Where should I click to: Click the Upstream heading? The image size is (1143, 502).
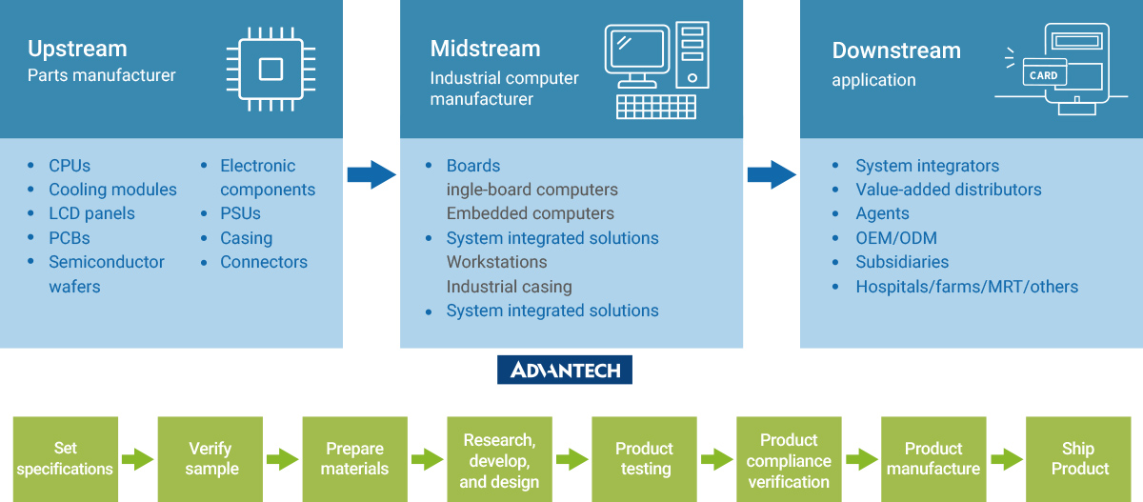pyautogui.click(x=77, y=49)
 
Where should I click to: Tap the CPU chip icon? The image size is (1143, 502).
pyautogui.click(x=271, y=69)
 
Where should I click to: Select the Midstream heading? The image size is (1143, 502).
pyautogui.click(x=485, y=49)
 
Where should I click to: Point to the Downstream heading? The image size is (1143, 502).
pyautogui.click(x=896, y=50)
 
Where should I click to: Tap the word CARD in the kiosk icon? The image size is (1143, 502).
pyautogui.click(x=1043, y=75)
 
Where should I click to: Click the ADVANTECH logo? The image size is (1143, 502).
pyautogui.click(x=565, y=370)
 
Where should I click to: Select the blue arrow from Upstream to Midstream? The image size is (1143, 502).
pyautogui.click(x=371, y=174)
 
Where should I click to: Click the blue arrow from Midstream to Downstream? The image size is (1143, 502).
pyautogui.click(x=771, y=174)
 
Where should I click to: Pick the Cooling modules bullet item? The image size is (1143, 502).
pyautogui.click(x=112, y=190)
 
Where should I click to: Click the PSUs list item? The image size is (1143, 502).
pyautogui.click(x=240, y=213)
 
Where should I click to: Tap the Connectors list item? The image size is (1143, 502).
pyautogui.click(x=264, y=262)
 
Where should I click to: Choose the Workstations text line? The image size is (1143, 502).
pyautogui.click(x=496, y=262)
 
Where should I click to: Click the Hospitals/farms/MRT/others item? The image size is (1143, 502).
pyautogui.click(x=967, y=287)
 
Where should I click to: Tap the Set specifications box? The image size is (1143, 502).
pyautogui.click(x=65, y=459)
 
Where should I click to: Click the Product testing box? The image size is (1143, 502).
pyautogui.click(x=644, y=459)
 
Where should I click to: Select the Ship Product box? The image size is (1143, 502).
pyautogui.click(x=1078, y=459)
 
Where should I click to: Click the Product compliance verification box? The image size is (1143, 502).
pyautogui.click(x=789, y=459)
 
